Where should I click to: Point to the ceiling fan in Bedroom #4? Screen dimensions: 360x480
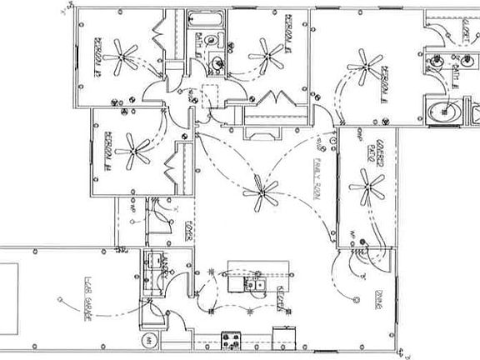click(133, 148)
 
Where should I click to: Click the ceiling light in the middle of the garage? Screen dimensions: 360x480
click(60, 298)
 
